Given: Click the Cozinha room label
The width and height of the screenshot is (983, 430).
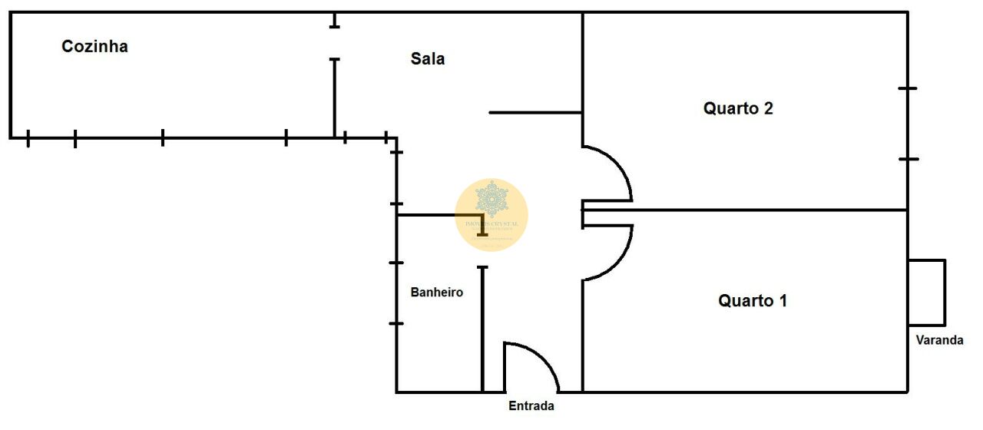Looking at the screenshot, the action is [x=94, y=47].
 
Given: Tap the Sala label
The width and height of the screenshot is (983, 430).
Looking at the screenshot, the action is [x=428, y=59].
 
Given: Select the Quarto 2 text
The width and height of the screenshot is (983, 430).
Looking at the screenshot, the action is [x=738, y=108].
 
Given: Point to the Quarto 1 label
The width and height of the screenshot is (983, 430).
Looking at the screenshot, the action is [x=753, y=301].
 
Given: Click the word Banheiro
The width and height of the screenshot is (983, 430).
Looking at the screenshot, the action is [x=437, y=293].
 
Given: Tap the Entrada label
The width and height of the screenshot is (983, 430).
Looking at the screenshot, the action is [x=531, y=406].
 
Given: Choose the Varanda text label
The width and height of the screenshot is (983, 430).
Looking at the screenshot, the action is [x=939, y=340].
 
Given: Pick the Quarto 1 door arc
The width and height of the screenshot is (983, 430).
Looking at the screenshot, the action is [x=619, y=257].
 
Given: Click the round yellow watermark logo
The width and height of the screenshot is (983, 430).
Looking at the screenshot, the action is [x=491, y=215].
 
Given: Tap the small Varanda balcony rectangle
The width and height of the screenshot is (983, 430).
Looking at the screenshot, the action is [x=926, y=293].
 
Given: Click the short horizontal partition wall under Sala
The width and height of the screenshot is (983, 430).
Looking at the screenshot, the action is [x=535, y=113].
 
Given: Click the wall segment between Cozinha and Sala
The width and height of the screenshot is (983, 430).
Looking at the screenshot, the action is [x=334, y=96].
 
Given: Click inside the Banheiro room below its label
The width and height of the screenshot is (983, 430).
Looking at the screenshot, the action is [x=438, y=346].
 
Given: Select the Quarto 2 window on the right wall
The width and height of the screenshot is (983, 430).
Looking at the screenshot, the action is [x=908, y=124].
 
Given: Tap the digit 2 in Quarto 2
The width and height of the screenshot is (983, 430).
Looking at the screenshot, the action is [x=768, y=108].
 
